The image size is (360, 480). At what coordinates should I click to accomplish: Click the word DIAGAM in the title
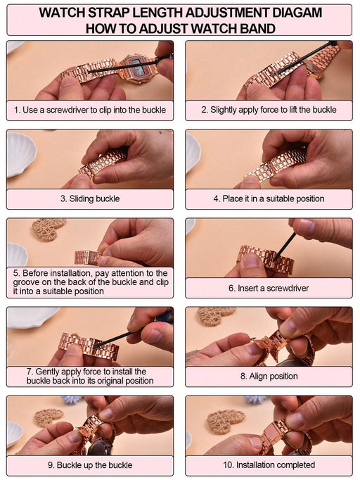(297, 13)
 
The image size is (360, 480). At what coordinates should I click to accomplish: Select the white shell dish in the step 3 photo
(20, 154)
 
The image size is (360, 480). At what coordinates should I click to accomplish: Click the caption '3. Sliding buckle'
(90, 198)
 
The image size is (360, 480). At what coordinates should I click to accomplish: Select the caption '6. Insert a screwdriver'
(269, 288)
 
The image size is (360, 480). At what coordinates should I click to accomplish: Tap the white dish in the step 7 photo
(33, 317)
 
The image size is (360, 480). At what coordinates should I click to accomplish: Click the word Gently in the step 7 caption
(48, 372)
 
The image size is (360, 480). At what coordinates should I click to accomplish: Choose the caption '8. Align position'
(269, 376)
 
